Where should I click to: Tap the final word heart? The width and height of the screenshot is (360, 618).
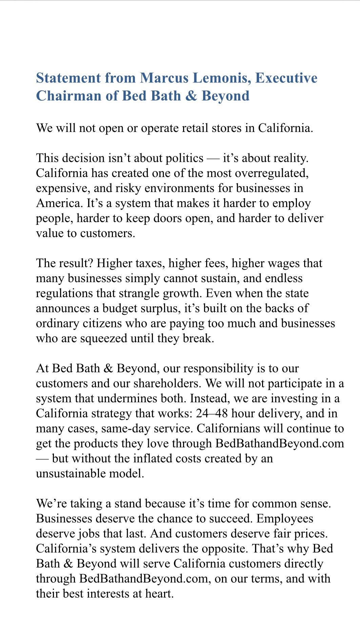(160, 594)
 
